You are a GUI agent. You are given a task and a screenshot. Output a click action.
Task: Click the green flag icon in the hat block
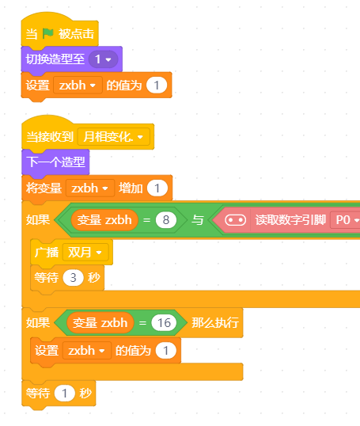pos(48,34)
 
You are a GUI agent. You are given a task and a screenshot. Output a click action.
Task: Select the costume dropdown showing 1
pos(103,59)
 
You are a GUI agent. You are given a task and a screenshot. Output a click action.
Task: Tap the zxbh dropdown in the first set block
pos(78,86)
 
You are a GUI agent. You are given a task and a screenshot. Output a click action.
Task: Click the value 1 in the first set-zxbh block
pos(157,86)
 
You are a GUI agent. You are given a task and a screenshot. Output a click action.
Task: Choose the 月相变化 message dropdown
pos(113,137)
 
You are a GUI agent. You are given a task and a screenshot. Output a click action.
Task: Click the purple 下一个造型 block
pos(55,162)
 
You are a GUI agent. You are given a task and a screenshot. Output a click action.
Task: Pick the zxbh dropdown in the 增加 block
pos(90,188)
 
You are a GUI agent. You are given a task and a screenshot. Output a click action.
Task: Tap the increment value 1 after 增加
pos(157,188)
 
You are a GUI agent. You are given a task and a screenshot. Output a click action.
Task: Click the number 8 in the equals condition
pos(166,220)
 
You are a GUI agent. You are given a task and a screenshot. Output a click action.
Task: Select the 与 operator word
pos(197,220)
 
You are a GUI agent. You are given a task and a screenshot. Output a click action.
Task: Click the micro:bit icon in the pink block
pos(236,220)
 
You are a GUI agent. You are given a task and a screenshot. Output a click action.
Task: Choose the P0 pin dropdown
pos(345,220)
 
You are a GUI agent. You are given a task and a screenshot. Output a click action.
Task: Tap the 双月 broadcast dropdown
pos(85,253)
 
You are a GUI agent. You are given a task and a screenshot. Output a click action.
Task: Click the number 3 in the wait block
pos(73,278)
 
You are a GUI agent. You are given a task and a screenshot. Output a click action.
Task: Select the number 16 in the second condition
pos(164,323)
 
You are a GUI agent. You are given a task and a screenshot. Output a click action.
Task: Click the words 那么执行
pos(215,323)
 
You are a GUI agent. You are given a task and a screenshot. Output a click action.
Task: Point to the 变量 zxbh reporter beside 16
pos(100,323)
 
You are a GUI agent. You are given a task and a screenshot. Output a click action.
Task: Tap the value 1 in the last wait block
pos(64,393)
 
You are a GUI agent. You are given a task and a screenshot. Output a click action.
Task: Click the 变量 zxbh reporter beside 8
pos(104,220)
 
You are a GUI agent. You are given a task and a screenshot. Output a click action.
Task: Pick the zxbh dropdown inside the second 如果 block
pos(87,351)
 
